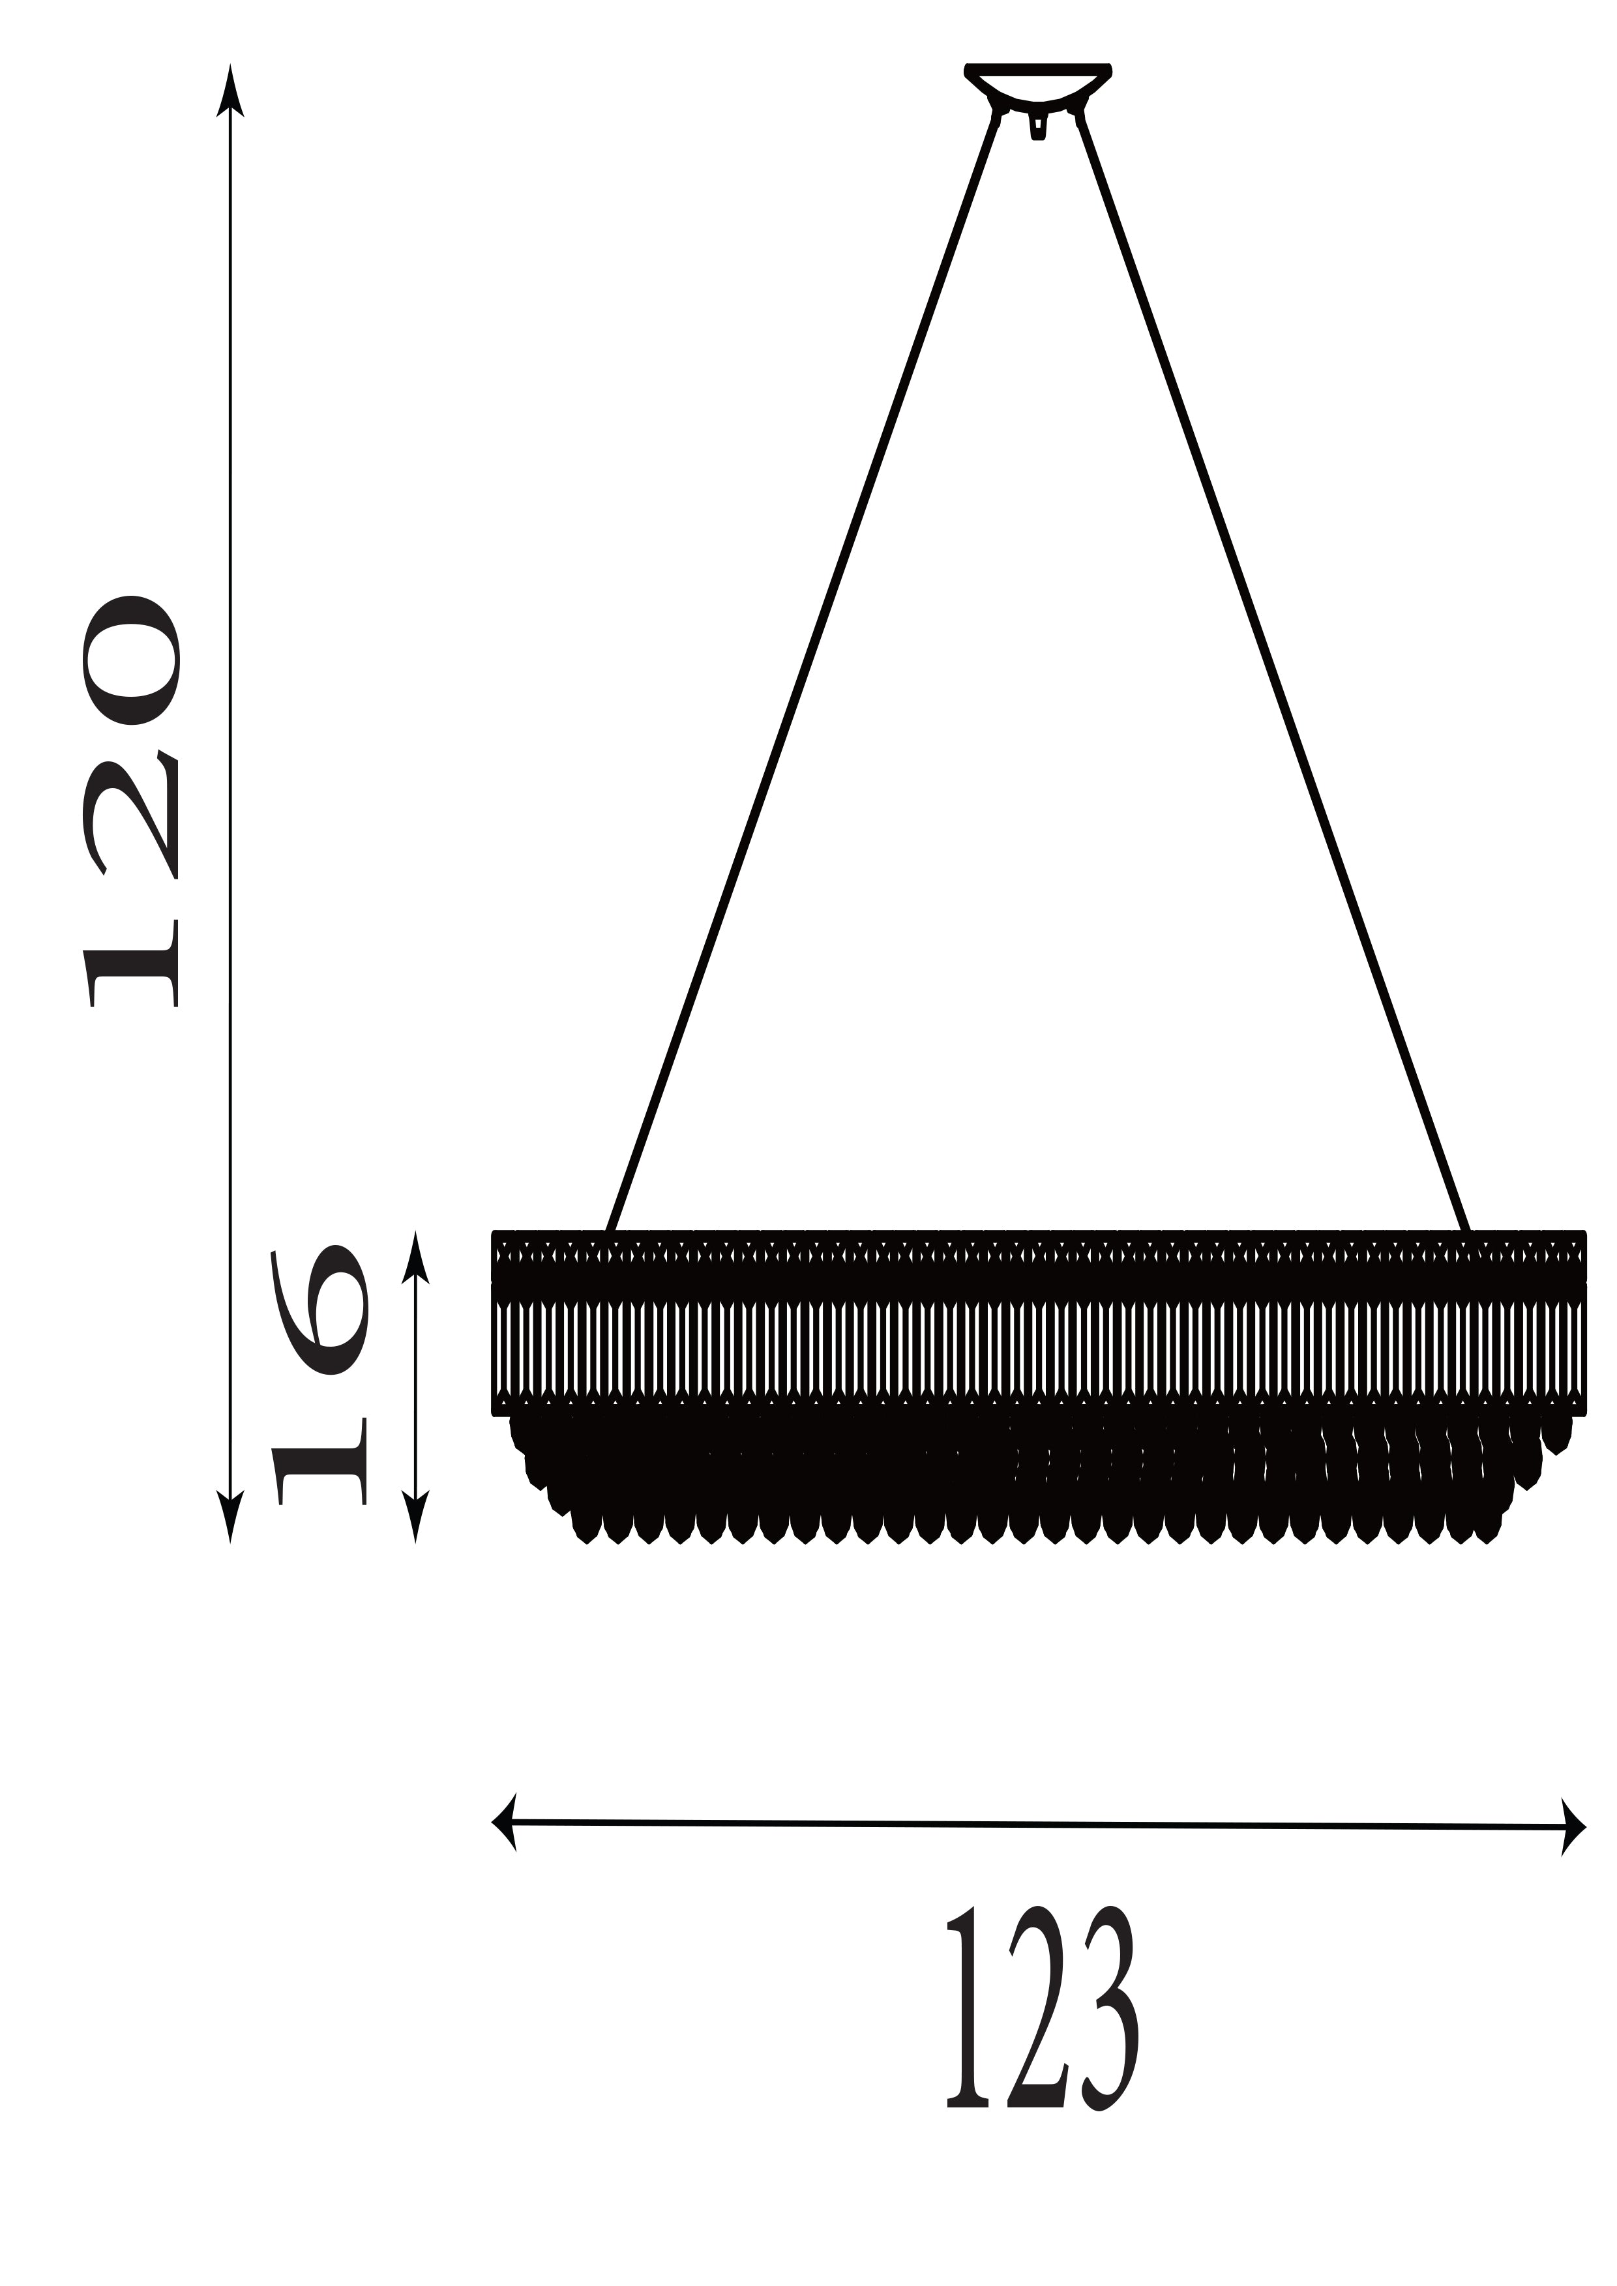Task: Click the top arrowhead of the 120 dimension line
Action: point(230,89)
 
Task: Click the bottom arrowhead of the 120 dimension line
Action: point(230,1516)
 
